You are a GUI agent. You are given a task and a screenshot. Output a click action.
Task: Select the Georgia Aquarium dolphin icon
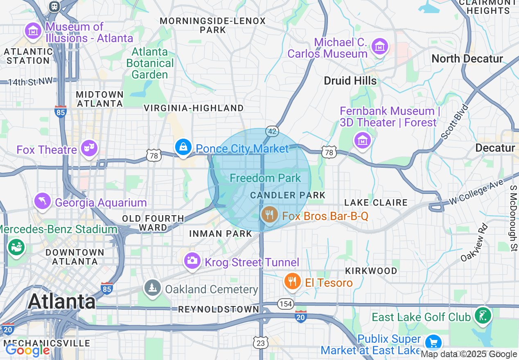[43, 200]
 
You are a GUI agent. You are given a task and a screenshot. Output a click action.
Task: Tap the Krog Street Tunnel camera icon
[192, 260]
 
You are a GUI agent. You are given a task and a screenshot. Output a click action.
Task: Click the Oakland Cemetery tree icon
[152, 288]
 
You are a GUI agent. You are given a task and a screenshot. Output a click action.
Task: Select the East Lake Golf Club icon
[483, 315]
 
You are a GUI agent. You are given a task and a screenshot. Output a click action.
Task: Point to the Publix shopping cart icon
[433, 342]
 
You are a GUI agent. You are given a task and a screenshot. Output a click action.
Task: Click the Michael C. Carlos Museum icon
[379, 47]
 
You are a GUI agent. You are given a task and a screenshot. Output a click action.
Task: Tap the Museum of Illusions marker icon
[33, 31]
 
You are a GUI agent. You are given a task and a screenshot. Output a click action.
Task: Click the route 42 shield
[272, 131]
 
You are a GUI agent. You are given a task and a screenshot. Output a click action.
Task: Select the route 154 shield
[285, 304]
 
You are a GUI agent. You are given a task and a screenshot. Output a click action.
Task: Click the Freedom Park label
[265, 178]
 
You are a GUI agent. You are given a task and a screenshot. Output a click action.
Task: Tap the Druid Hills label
[350, 81]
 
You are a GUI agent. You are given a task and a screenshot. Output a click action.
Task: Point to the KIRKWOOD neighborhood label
[371, 271]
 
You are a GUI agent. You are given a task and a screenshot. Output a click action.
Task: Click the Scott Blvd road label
[455, 122]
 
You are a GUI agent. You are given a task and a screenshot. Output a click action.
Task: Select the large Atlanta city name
[61, 301]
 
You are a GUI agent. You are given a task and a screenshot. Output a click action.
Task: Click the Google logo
[27, 351]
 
